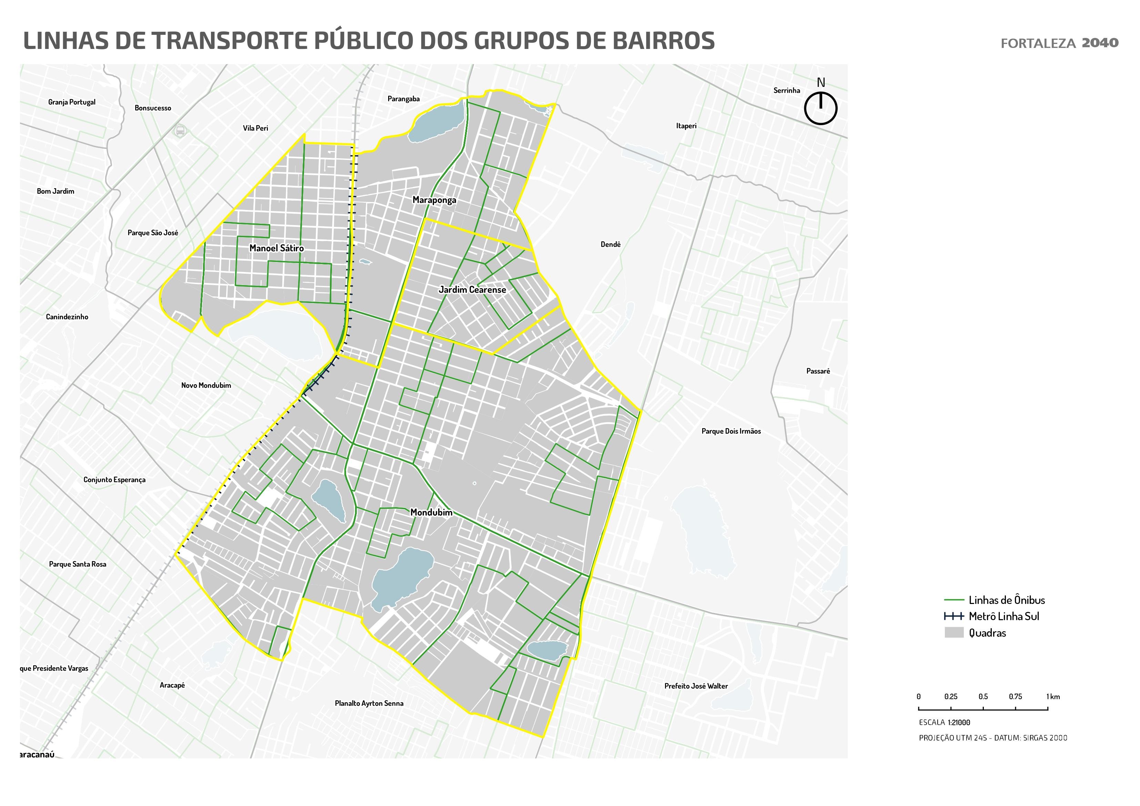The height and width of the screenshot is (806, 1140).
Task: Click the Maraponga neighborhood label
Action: pos(434,200)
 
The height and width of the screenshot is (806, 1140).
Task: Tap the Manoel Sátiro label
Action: pos(276,248)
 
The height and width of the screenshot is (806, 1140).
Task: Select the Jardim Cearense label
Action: pos(472,290)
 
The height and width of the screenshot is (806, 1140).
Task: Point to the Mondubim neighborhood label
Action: pos(431,513)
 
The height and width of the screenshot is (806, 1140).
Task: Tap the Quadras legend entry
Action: pos(987,633)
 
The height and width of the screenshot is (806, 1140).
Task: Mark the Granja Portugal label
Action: pos(72,102)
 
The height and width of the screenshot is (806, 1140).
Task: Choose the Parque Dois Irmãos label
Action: pos(730,431)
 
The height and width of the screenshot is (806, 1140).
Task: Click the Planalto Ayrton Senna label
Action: pos(369,703)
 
